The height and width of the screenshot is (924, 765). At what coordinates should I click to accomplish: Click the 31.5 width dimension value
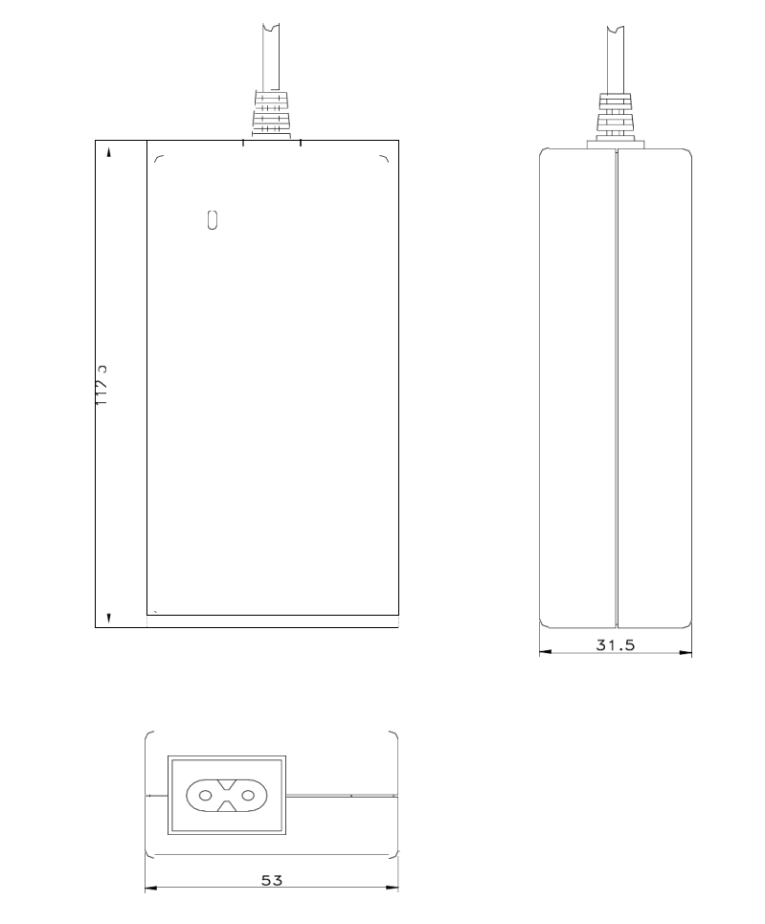click(x=615, y=645)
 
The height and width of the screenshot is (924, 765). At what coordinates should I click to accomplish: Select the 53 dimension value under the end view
click(x=272, y=879)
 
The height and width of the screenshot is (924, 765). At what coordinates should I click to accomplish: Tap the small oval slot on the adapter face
click(x=213, y=219)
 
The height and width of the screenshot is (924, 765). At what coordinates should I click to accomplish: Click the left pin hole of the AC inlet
click(x=205, y=795)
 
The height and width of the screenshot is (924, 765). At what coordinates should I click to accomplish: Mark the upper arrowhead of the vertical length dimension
click(x=108, y=152)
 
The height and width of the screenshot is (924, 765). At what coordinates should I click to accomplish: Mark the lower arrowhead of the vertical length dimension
click(x=108, y=618)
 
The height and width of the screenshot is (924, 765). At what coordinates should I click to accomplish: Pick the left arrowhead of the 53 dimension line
click(x=149, y=889)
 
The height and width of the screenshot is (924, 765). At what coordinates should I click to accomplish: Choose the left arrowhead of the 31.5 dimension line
click(x=544, y=654)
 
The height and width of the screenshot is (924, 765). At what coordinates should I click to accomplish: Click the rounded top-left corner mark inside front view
click(x=158, y=159)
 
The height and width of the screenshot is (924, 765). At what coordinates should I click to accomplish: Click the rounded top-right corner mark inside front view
click(x=385, y=159)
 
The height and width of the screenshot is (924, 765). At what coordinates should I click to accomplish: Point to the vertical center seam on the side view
click(x=615, y=383)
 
